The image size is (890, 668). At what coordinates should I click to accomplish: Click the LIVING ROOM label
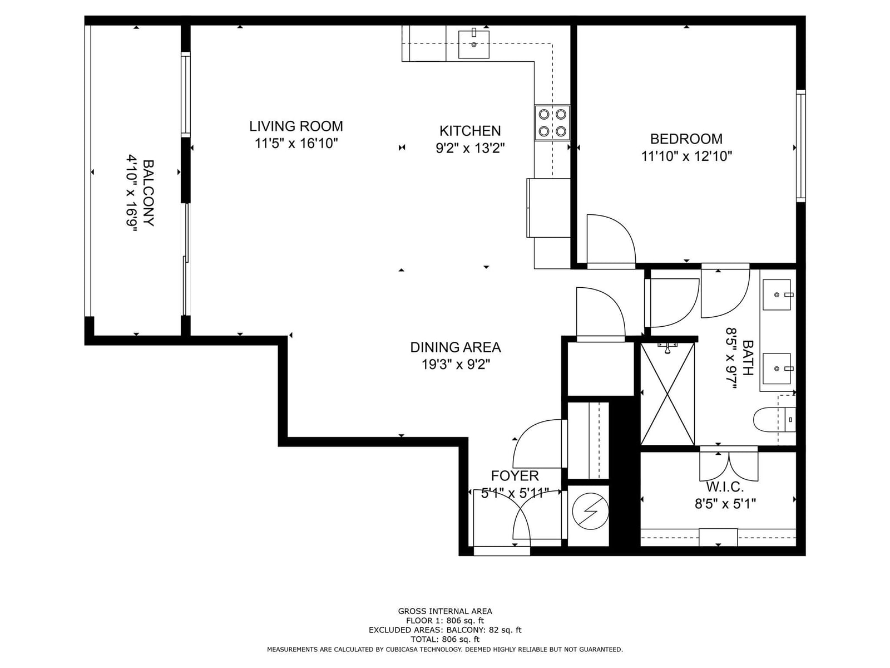click(296, 126)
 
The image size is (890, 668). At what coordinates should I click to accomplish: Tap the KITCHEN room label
click(470, 131)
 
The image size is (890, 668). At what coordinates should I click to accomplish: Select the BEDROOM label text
click(686, 139)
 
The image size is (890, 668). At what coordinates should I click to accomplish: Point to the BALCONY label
click(149, 193)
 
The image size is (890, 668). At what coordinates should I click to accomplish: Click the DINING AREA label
click(456, 347)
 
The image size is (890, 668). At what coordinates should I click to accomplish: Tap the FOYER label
click(515, 475)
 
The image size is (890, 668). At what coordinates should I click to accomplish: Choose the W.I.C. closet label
click(725, 487)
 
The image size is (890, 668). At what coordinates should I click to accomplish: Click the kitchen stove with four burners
click(552, 123)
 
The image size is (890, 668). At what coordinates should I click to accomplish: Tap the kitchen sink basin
click(473, 44)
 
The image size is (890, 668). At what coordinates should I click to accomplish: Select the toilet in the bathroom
click(774, 419)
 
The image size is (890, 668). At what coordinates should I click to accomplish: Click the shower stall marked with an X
click(667, 394)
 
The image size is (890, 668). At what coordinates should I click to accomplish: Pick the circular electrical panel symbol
click(590, 512)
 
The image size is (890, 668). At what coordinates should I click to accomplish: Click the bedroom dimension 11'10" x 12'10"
click(686, 156)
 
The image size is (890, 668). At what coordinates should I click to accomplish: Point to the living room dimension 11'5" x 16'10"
click(296, 143)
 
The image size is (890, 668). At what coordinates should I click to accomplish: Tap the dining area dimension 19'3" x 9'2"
click(456, 365)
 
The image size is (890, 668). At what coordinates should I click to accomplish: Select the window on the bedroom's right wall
click(800, 146)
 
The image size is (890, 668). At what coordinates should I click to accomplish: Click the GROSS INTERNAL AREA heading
click(445, 611)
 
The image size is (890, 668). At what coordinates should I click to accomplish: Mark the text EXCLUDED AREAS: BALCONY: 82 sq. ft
click(445, 630)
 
